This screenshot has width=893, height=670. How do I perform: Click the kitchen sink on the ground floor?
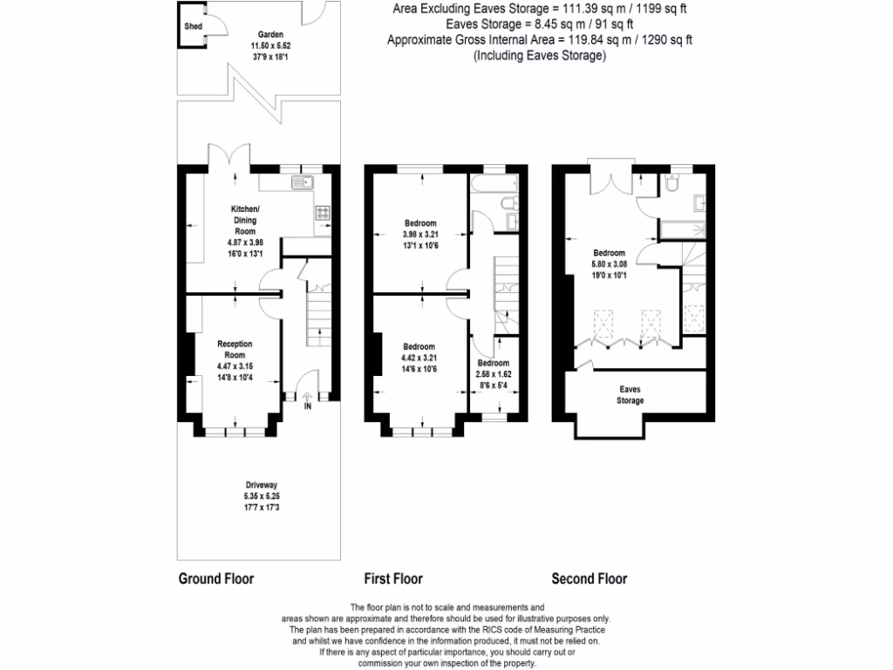[x=303, y=183]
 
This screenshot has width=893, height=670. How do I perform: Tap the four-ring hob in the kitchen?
[x=321, y=211]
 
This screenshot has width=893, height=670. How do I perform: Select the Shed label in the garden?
[x=193, y=27]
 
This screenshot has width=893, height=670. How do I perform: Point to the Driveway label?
[x=261, y=484]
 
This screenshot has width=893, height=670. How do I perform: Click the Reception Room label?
[x=235, y=349]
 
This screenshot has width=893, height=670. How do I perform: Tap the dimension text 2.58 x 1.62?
[x=494, y=373]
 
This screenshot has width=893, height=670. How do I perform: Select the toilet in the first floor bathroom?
[x=515, y=205]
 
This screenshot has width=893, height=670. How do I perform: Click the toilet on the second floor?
[x=671, y=184]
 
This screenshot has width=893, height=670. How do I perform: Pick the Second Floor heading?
[x=589, y=578]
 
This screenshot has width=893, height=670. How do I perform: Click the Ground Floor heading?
[x=215, y=578]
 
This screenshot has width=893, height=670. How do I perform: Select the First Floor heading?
[x=392, y=578]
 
